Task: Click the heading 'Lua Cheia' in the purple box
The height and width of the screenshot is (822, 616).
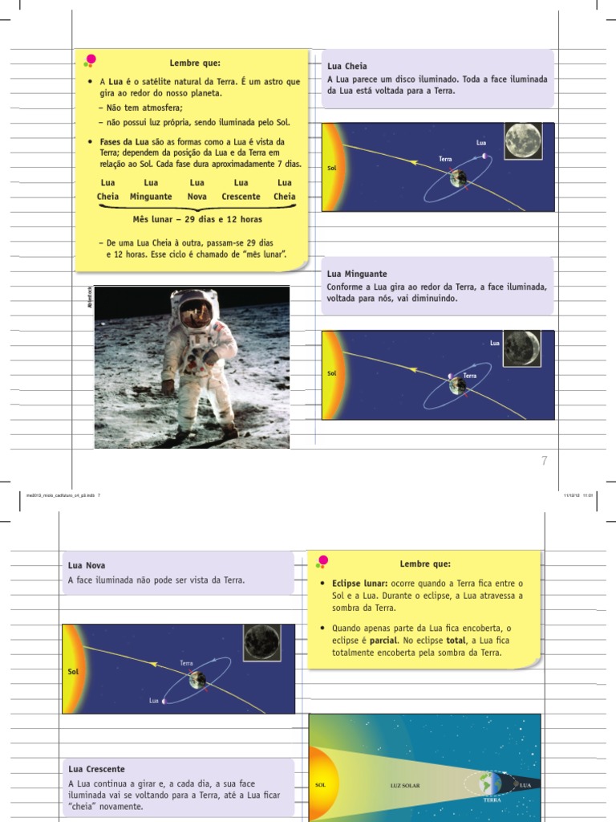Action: point(346,67)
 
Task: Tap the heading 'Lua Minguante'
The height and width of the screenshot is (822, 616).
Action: point(358,274)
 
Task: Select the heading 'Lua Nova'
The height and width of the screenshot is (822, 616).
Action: point(87,566)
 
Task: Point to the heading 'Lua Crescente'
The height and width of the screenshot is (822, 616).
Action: point(96,769)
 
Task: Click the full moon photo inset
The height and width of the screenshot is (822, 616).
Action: point(523,141)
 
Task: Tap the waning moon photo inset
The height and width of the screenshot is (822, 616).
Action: point(521,348)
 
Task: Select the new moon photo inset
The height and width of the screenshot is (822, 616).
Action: point(263,643)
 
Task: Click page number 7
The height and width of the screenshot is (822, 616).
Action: point(545,461)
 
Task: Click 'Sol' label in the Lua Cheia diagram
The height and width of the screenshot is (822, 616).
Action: point(332,169)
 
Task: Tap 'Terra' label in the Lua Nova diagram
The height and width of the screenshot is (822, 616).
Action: point(187,663)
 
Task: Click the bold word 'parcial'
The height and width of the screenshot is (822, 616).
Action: point(383,641)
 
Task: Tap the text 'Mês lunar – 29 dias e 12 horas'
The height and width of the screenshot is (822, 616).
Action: point(197,219)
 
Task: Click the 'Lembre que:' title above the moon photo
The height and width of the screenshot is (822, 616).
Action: point(194,63)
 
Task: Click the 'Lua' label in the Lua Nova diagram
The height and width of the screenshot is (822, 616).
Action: point(153,701)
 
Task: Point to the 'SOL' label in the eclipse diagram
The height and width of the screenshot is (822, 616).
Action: point(321,786)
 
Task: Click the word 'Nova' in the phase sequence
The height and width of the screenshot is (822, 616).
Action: point(197,197)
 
